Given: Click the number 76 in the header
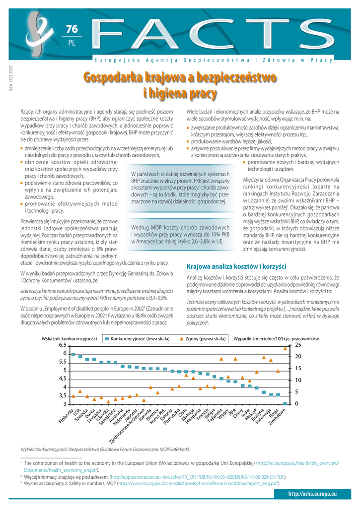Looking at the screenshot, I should pos(72,29).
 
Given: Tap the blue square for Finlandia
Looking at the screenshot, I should pos(73,354).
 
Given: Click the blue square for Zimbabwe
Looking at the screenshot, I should pos(285,404).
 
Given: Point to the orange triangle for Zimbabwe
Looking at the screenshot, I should pos(285,348).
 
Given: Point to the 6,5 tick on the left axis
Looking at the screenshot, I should pos(63,345).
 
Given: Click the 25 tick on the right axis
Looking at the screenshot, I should pos(298,345).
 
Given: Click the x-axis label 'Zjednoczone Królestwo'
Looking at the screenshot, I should pos(128,427).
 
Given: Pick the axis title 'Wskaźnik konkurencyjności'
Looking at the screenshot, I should pos(69,339).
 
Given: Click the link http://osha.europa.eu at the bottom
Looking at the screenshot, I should pos(312,494).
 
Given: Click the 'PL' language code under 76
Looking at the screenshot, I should pos(72,43).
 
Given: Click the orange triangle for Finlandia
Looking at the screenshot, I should pos(73,396).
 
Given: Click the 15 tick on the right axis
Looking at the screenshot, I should pos(298,368).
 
